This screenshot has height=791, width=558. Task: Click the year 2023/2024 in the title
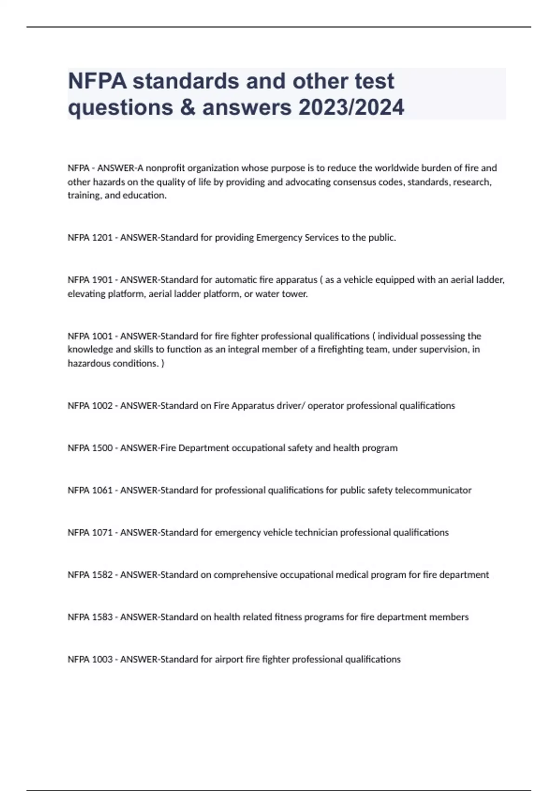tap(352, 107)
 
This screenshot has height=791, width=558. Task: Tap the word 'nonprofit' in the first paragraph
tap(166, 168)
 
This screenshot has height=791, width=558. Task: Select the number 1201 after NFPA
tap(102, 238)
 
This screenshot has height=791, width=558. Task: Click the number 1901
tap(102, 280)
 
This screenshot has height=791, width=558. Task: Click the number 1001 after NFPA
tap(102, 336)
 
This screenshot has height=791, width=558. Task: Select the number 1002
tap(102, 406)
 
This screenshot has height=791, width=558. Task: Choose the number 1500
tap(102, 448)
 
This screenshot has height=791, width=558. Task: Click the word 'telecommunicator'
tap(433, 490)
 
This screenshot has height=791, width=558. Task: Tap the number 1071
tap(102, 533)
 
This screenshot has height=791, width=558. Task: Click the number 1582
tap(102, 575)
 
